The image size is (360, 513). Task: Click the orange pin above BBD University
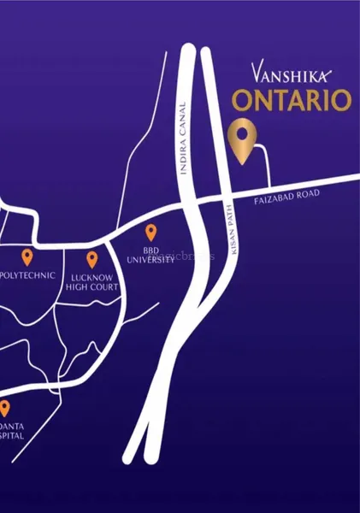click(150, 232)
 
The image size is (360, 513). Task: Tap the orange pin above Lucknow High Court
click(91, 259)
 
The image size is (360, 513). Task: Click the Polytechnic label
click(28, 275)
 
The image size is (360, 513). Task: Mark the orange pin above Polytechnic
click(27, 256)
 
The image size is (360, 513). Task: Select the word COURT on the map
click(104, 287)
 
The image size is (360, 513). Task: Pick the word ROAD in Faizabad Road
click(306, 194)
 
